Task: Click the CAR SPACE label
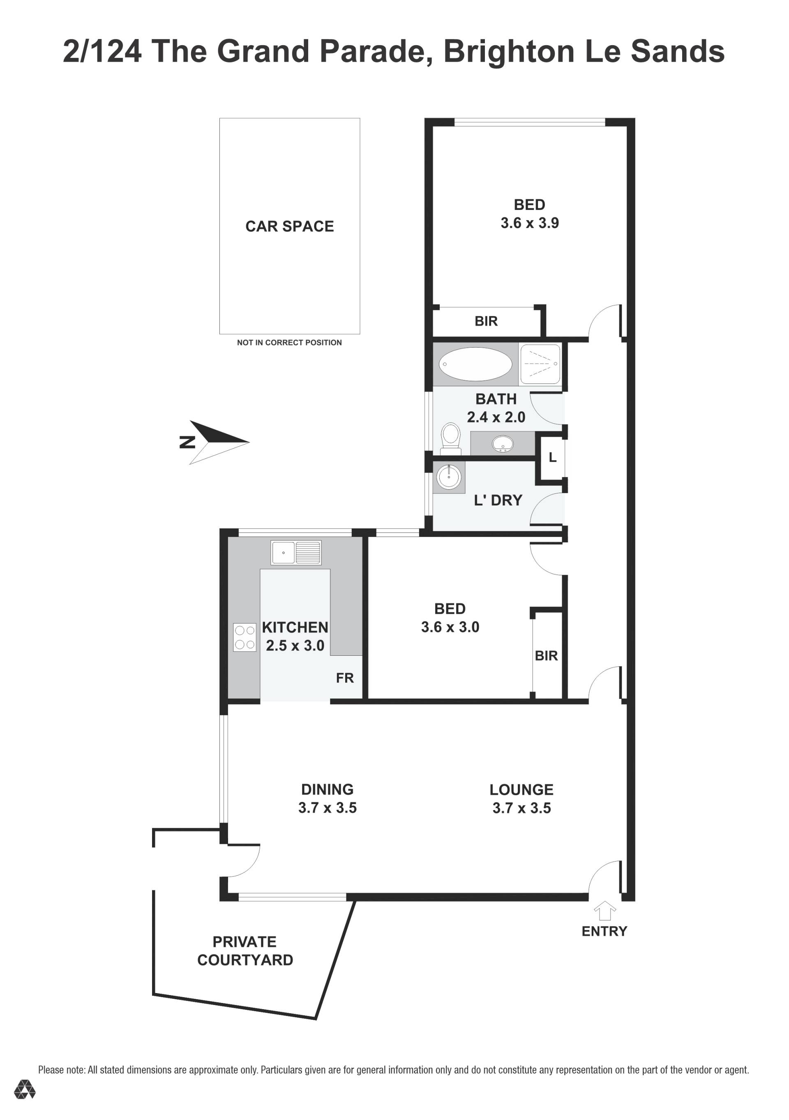[x=289, y=226]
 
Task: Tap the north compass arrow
[x=219, y=442]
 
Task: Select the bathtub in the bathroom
[x=475, y=364]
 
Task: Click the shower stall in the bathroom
[x=540, y=364]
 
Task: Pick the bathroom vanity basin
[x=503, y=443]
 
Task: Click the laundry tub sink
[x=449, y=477]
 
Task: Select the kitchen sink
[x=296, y=553]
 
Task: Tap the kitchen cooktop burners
[x=245, y=637]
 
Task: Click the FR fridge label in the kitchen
[x=344, y=678]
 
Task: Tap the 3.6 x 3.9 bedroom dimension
[x=529, y=223]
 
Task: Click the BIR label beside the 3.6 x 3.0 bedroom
[x=546, y=656]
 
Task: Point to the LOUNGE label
[x=521, y=790]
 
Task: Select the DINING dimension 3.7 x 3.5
[x=328, y=808]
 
